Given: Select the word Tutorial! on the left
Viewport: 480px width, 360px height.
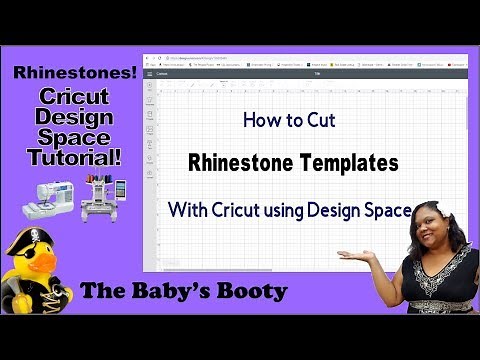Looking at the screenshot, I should [69, 157].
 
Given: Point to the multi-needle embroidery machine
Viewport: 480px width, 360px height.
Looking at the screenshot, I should [98, 194].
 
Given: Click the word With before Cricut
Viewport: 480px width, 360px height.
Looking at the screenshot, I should [189, 210].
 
